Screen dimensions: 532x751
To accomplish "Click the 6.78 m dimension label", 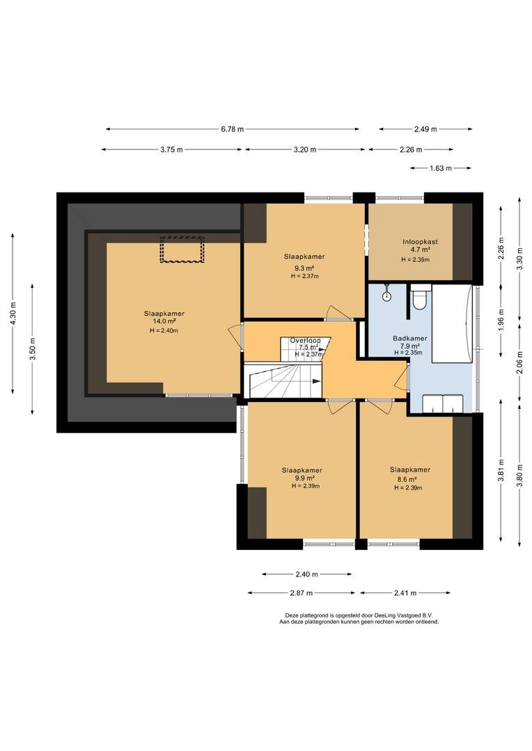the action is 232,129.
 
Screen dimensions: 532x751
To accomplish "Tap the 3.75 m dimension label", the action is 171,150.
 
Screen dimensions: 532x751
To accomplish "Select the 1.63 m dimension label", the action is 440,168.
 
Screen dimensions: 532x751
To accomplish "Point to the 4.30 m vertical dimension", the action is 13,313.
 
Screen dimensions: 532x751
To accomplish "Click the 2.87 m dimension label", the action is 302,593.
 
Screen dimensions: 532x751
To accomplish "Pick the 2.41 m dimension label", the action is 405,593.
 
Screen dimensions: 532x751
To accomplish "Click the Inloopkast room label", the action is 420,242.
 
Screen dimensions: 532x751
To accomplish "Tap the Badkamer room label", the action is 410,338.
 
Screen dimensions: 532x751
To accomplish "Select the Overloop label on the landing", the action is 306,341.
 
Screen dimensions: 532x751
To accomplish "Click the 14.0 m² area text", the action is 164,321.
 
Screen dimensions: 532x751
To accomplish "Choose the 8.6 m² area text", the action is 407,479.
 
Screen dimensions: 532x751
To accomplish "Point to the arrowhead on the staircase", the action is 316,381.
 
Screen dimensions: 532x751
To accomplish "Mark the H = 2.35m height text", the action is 408,353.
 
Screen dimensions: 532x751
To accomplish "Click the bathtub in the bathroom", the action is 452,324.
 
